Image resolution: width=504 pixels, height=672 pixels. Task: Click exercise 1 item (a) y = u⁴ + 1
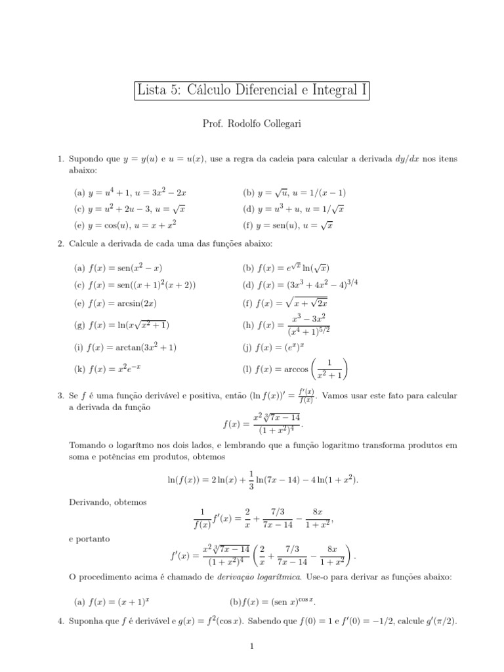pyautogui.click(x=131, y=193)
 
